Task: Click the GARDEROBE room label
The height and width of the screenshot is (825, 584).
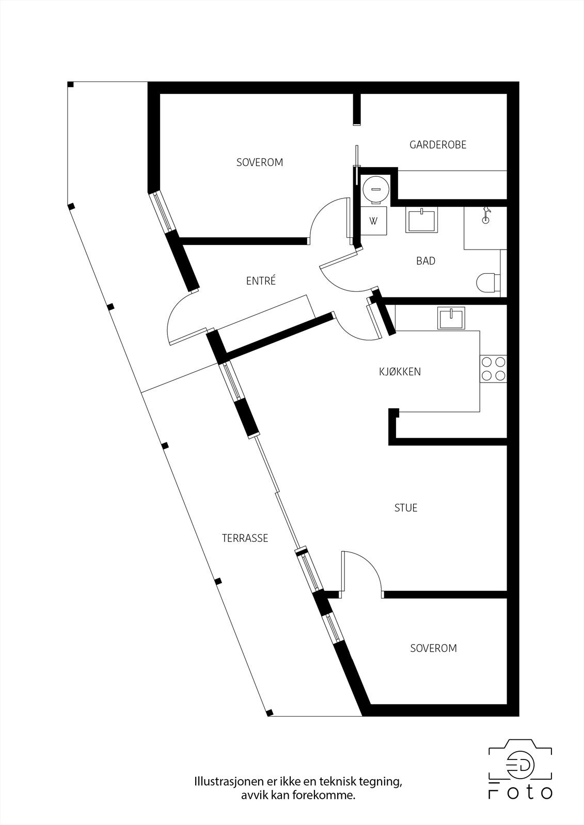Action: point(438,145)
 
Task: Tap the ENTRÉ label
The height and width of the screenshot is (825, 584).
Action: point(261,281)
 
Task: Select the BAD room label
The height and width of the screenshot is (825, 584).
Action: point(425,261)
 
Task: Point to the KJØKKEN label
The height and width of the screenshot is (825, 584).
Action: point(400,372)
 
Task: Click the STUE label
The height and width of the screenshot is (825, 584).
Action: point(405,508)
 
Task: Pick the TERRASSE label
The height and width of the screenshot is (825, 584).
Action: point(245,538)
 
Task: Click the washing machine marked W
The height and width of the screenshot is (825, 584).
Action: point(373,221)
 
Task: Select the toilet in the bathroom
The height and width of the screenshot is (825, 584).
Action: point(487,282)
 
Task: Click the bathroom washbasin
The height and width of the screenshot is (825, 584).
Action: point(422,220)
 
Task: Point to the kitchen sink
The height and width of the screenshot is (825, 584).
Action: point(451,318)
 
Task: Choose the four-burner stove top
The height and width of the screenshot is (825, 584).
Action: point(493,369)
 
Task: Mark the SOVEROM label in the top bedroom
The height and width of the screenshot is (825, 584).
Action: point(260,162)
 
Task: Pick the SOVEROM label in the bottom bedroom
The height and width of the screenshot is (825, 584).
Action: point(433,649)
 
